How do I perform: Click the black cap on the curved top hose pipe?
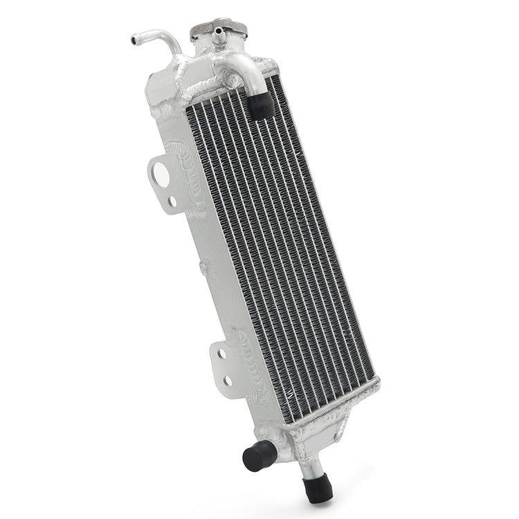(x=261, y=106)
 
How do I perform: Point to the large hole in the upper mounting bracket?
(x=161, y=174)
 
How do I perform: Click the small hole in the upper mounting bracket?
(x=172, y=201)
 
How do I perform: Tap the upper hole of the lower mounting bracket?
(x=221, y=354)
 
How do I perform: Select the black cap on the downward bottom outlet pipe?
(x=317, y=487)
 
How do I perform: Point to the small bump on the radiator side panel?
(x=203, y=265)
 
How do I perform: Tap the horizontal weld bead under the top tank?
(x=208, y=90)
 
